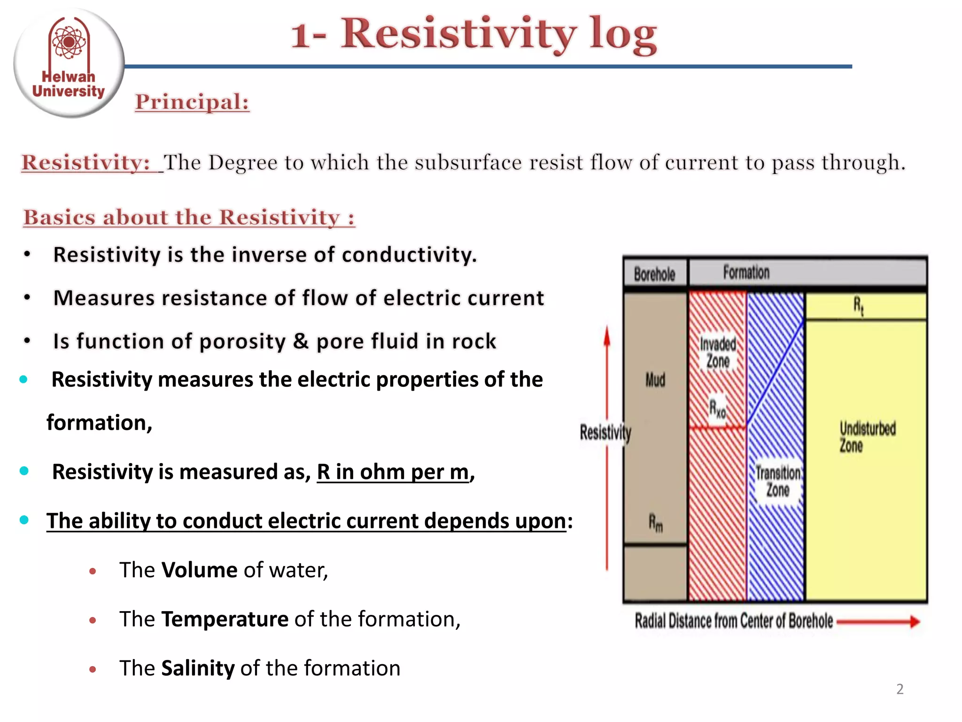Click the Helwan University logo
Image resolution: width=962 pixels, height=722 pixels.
69,63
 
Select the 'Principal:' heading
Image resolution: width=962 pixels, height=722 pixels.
192,102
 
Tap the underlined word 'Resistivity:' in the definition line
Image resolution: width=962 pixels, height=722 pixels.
86,163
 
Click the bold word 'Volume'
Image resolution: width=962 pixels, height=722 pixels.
199,570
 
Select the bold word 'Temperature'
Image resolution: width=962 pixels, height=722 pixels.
225,619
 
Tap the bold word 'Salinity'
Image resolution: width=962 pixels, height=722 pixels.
198,668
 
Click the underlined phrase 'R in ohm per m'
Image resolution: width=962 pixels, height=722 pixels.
393,472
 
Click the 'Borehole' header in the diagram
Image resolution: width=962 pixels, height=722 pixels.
654,274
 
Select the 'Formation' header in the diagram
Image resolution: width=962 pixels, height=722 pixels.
746,273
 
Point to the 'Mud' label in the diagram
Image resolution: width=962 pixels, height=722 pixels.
655,380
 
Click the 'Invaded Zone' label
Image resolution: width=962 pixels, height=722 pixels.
718,353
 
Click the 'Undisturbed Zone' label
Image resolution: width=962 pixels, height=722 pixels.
867,437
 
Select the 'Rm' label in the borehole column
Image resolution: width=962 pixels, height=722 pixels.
656,523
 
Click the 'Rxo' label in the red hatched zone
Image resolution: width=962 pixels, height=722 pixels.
717,408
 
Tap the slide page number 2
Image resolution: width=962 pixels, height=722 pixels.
900,689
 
